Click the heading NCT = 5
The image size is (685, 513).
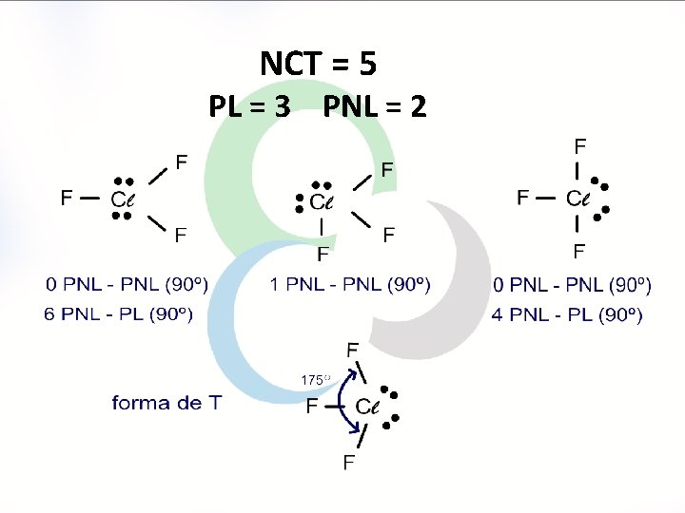tap(319, 64)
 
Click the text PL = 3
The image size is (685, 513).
tap(250, 106)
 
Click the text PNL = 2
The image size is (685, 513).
tap(375, 106)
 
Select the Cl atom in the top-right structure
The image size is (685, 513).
tap(578, 199)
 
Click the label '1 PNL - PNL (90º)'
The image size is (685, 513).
tap(350, 284)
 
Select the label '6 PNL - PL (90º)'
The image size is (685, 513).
tap(119, 313)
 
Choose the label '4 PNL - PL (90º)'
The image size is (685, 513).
tap(567, 313)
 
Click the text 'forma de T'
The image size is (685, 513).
tap(167, 403)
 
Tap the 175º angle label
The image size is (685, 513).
tap(315, 380)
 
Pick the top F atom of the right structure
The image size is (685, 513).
tap(580, 146)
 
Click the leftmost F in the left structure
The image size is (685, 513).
tap(67, 198)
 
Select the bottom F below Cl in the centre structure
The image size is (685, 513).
tap(323, 254)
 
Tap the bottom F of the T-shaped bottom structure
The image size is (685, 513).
tap(350, 463)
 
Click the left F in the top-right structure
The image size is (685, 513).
tap(523, 198)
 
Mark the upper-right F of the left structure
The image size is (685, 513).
tap(181, 161)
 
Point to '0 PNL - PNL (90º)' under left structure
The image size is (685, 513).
tap(127, 284)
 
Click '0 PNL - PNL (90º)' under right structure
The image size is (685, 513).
tap(573, 284)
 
